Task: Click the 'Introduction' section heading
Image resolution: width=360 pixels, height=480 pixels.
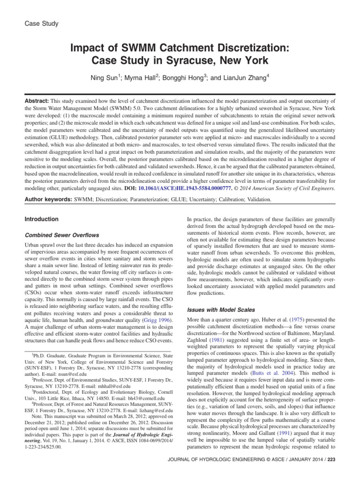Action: [x=42, y=219]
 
